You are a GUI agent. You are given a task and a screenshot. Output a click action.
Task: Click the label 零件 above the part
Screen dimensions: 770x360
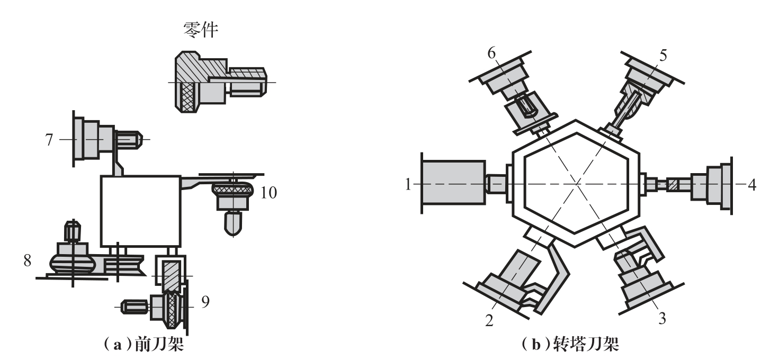[x=201, y=30]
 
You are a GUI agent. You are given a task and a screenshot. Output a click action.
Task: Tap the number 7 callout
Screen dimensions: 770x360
[x=49, y=140]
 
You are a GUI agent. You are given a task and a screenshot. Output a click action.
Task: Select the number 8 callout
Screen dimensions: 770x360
[x=28, y=260]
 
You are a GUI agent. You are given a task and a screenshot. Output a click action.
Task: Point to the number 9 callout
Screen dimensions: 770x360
[x=205, y=302]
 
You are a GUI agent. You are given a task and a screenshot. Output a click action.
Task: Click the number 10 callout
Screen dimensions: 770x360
[x=269, y=193]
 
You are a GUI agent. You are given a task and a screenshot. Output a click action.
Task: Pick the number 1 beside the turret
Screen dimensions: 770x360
[x=408, y=184]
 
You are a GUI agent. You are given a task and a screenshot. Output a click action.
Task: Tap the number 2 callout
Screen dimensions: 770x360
[x=489, y=320]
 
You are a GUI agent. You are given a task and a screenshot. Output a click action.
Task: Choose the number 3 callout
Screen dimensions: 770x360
[x=662, y=318]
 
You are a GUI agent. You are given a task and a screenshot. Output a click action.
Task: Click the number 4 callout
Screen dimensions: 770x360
[x=752, y=185]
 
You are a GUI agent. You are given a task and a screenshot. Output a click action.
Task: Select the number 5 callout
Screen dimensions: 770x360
[x=663, y=55]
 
